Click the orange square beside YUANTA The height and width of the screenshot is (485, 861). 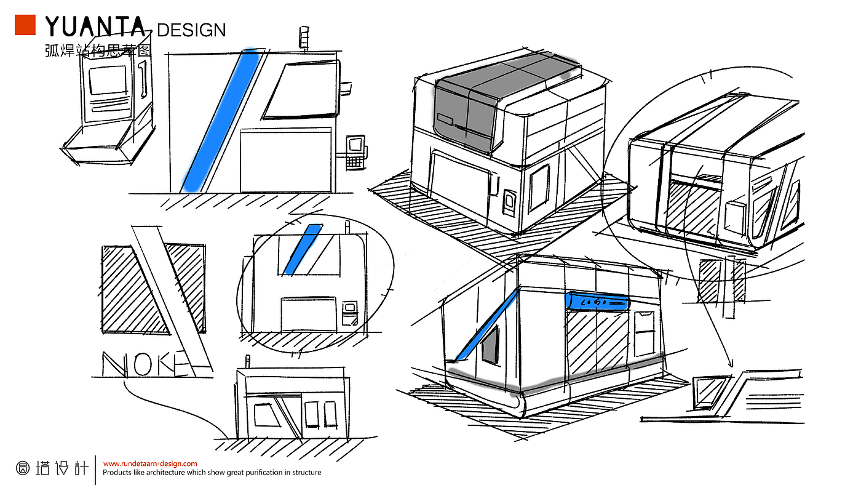pyautogui.click(x=25, y=25)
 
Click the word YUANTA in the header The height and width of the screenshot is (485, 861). pyautogui.click(x=96, y=27)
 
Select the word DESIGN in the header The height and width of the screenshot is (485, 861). pyautogui.click(x=191, y=30)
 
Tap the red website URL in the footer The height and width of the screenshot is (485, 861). pyautogui.click(x=150, y=463)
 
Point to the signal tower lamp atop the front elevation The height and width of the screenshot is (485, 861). pyautogui.click(x=303, y=36)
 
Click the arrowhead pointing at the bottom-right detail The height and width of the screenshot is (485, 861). pyautogui.click(x=731, y=363)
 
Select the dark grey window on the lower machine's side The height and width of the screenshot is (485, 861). pyautogui.click(x=490, y=344)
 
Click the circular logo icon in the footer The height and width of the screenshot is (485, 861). pyautogui.click(x=22, y=468)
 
